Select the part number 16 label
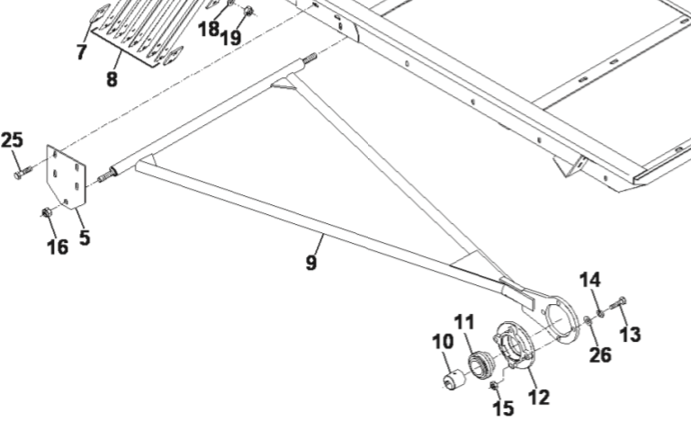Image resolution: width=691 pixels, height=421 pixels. pos(57,246)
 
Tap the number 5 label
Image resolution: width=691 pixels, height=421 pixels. pos(85,239)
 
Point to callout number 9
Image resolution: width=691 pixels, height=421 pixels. pos(311,264)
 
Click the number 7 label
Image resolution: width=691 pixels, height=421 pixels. pos(82,51)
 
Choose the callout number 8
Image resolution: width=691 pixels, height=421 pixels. pos(112,78)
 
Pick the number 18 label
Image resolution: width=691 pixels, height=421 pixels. pos(208,29)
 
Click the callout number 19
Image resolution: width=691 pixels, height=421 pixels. pos(230,38)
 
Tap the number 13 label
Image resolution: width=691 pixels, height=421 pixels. pos(631,335)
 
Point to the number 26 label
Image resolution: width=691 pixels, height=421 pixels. pos(600,354)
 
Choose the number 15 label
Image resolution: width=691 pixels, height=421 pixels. pos(504,408)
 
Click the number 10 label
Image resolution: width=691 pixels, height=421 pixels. pos(443,342)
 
